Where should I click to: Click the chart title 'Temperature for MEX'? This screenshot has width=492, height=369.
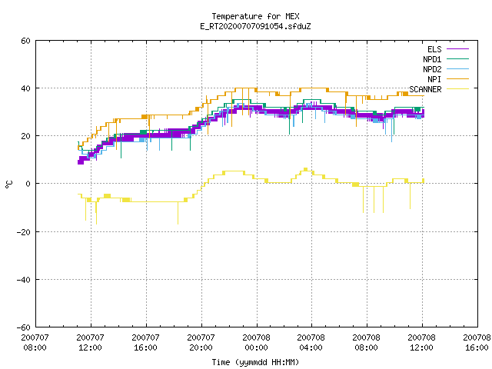[x=255, y=16]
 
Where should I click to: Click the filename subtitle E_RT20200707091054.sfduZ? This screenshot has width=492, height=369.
[x=255, y=26]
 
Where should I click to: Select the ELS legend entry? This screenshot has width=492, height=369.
[x=448, y=49]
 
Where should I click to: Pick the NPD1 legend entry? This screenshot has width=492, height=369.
[x=446, y=59]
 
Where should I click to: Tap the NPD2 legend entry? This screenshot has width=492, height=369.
[x=446, y=69]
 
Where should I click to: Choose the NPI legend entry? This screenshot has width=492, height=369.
[x=448, y=79]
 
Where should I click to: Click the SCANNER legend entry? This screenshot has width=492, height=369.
[x=439, y=89]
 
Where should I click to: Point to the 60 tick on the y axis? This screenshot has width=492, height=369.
[x=25, y=41]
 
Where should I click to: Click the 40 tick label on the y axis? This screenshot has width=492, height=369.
[x=25, y=88]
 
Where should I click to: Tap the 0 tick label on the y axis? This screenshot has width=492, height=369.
[x=28, y=184]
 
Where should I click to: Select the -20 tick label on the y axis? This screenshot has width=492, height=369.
[x=24, y=232]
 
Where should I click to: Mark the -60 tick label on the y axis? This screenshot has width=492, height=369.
[x=24, y=327]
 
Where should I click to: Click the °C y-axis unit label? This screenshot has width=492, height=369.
[x=9, y=184]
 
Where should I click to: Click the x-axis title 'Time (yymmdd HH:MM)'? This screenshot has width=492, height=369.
[x=255, y=362]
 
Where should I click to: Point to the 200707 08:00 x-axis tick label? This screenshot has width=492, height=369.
[x=35, y=342]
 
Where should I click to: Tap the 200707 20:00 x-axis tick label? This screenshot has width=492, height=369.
[x=201, y=342]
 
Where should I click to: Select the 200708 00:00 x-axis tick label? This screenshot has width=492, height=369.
[x=256, y=342]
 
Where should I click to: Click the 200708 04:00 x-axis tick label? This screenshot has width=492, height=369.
[x=311, y=342]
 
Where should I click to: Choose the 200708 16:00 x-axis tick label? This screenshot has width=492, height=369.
[x=477, y=342]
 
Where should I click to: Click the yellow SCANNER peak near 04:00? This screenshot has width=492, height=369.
[x=306, y=169]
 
